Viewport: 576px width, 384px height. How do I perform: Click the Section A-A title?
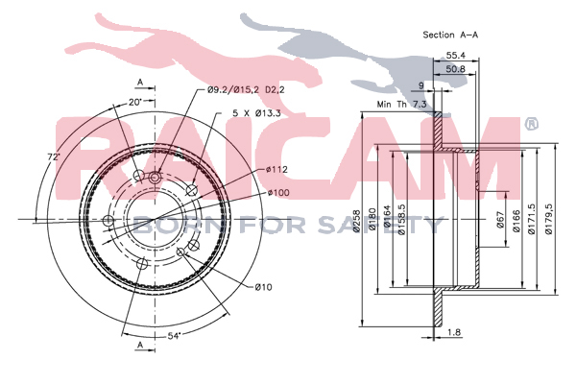(450, 35)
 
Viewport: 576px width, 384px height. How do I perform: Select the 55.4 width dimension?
(455, 56)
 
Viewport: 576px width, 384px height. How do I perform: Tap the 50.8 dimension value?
(455, 69)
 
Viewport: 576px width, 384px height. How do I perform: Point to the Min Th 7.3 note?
(402, 105)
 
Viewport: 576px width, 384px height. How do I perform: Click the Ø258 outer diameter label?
(356, 221)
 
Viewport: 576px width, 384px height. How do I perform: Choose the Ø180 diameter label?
(372, 220)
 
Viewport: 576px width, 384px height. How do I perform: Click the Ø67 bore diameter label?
(501, 220)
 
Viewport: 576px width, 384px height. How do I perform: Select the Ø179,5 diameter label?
(549, 220)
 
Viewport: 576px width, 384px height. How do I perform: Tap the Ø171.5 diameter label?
(531, 220)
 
